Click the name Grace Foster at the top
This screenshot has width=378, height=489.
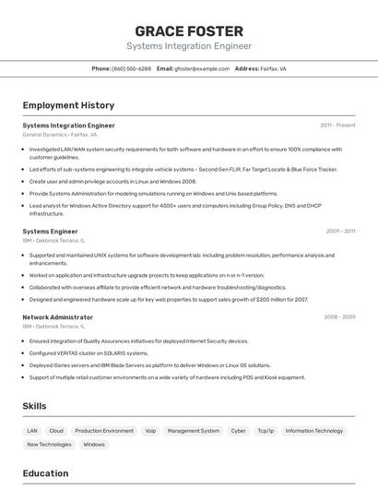(189, 31)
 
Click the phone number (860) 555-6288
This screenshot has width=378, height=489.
(131, 68)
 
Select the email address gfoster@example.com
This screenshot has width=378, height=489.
(203, 68)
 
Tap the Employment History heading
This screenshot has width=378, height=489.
(68, 105)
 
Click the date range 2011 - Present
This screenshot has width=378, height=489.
(337, 125)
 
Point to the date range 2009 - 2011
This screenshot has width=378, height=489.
(340, 231)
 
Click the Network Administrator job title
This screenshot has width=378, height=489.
(57, 316)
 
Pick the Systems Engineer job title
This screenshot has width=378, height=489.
(50, 231)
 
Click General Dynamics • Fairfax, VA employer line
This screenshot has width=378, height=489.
(59, 134)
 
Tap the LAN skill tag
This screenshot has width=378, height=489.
(32, 430)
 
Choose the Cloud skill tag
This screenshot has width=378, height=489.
(56, 430)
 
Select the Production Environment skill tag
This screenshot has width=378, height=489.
(104, 430)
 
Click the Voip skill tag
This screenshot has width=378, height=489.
(150, 430)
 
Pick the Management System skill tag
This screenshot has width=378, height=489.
(194, 430)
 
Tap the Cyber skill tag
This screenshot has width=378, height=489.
(239, 430)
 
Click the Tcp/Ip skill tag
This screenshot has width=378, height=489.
(266, 430)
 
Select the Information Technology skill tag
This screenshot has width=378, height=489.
(314, 430)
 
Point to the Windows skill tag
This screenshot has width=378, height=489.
(94, 444)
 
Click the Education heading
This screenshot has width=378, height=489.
(45, 473)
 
